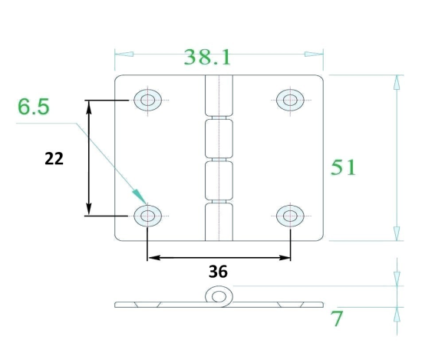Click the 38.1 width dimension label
point(207,58)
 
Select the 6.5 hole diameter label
point(34,107)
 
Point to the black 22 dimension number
point(54,158)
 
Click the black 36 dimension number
point(218,272)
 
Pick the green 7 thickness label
point(337,319)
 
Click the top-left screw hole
point(148,100)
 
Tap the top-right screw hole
point(290,100)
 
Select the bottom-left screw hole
point(148,216)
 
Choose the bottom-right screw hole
point(290,216)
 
